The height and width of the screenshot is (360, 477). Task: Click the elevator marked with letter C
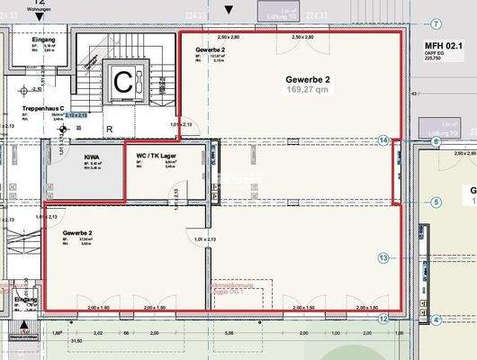coord(122,82)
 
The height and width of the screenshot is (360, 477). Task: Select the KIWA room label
coord(92,157)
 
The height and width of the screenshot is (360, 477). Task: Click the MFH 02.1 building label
coord(443,45)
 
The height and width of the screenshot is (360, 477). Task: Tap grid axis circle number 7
coord(436,23)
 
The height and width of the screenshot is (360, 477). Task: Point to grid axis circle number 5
coord(436,203)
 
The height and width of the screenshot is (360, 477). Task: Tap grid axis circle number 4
coord(436,319)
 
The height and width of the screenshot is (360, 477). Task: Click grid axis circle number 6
coord(436,142)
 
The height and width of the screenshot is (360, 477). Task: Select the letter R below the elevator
coord(109,130)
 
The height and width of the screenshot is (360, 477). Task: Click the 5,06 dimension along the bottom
coord(230,333)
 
